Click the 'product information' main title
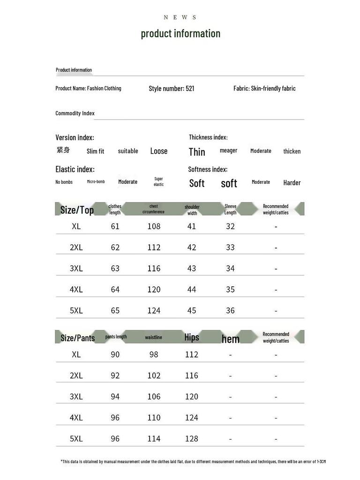point(180,33)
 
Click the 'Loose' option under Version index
point(159,151)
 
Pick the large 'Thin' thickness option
point(197,151)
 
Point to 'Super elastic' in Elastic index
point(159,181)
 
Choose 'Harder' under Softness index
point(292,183)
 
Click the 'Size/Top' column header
point(77,210)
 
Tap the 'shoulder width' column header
point(192,210)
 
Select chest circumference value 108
point(154,226)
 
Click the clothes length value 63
point(115,269)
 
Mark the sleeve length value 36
point(230,310)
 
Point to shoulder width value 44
point(192,290)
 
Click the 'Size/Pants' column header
point(77,338)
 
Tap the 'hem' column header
point(230,339)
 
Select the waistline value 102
point(154,375)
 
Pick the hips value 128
point(192,439)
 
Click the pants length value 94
point(115,397)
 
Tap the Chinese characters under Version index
point(63,150)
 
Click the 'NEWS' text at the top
point(180,17)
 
